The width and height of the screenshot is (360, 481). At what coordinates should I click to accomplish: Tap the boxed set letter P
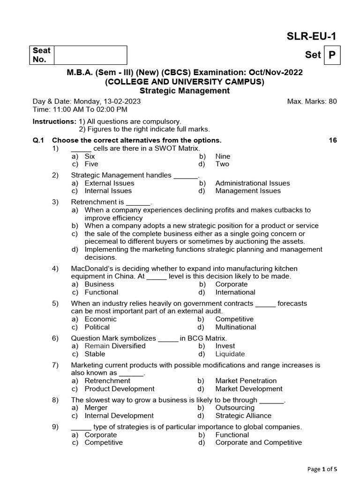[x=332, y=55]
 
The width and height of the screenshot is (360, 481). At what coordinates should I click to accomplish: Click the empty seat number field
[x=90, y=55]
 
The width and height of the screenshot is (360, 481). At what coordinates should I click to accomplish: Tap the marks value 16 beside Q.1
[x=332, y=140]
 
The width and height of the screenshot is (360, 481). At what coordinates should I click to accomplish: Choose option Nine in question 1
[x=223, y=156]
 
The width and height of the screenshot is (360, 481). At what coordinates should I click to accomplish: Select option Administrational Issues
[x=252, y=183]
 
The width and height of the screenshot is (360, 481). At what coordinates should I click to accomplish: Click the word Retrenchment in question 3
[x=91, y=202]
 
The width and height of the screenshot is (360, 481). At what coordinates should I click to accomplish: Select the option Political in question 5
[x=97, y=326]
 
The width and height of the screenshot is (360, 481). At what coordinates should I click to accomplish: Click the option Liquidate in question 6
[x=230, y=354]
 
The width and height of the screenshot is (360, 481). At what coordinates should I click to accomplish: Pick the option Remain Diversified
[x=115, y=346]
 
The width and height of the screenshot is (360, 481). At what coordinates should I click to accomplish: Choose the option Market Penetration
[x=246, y=380]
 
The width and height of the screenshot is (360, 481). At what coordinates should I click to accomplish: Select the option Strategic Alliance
[x=243, y=415]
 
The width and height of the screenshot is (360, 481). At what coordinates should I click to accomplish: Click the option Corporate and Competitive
[x=258, y=442]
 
